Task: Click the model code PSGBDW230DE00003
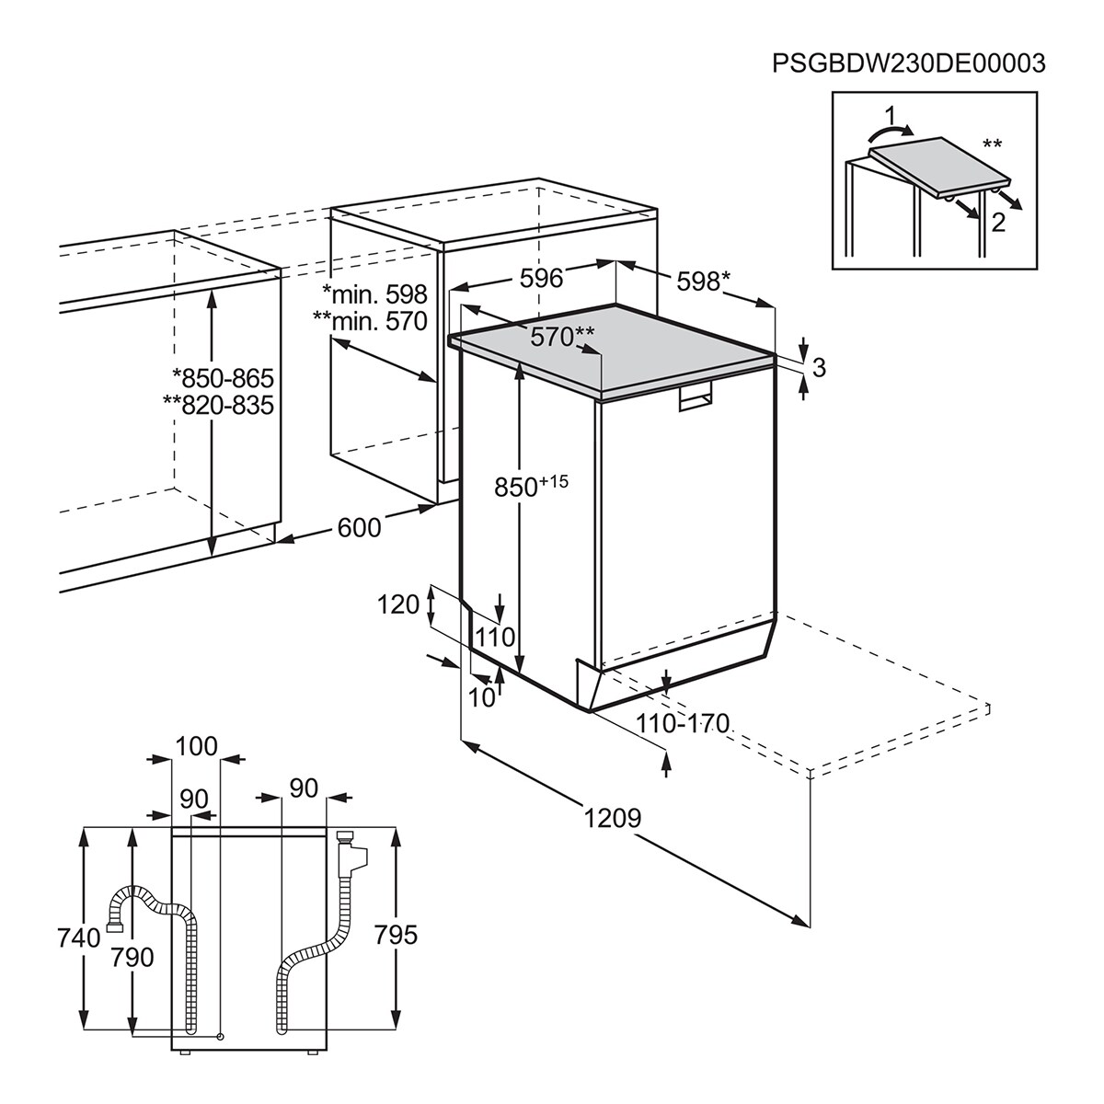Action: coord(909,63)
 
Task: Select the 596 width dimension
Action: coord(541,278)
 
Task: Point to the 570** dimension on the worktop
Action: coord(562,337)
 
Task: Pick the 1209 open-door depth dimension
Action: coord(612,817)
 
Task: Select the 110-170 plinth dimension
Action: coord(683,723)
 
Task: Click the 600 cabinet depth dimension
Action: coord(359,526)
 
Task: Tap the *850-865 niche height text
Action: coord(224,379)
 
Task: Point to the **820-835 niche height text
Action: coord(219,405)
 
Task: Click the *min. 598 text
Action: coord(375,294)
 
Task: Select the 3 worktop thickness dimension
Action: coord(819,367)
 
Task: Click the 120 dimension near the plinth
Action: coord(397,604)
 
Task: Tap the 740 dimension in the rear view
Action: coord(77,939)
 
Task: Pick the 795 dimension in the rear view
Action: coord(397,935)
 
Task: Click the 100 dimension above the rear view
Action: coord(195,745)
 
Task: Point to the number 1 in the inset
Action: coord(887,116)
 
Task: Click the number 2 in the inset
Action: coord(998,220)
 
